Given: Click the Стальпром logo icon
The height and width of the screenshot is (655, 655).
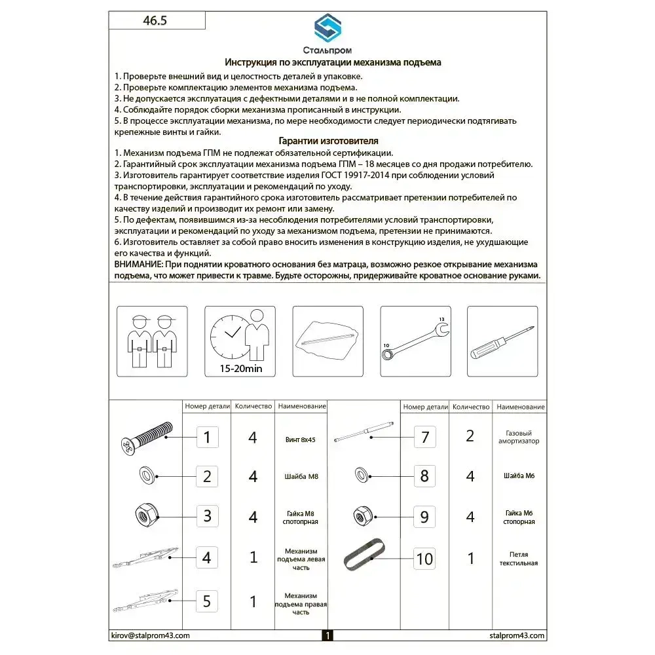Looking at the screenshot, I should pos(327,29).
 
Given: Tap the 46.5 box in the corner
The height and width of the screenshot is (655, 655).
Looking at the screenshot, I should pos(156,20).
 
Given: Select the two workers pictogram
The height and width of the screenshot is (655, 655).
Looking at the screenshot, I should pos(152,341).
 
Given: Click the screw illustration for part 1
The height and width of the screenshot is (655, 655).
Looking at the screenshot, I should pos(146,437).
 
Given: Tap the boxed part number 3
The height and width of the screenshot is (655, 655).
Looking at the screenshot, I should pos(207,515).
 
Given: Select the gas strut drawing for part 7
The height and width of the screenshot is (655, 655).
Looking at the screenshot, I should pos(364,432).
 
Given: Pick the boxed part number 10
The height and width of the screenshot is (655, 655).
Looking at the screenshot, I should pos(424,559).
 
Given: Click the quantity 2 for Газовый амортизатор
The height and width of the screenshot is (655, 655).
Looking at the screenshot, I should pos(470,436).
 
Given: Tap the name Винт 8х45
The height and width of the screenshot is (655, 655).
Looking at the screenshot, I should pos(301,440).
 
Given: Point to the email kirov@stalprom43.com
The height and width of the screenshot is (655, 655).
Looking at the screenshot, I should pos(149,635).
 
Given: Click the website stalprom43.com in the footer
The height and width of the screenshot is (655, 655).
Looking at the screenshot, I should pos(517,635).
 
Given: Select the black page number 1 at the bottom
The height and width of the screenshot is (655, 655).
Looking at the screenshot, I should pos(327,635).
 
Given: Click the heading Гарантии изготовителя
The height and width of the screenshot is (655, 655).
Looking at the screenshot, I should pos(328,141).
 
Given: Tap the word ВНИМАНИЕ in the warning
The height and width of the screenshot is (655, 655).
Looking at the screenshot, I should pos(139,264).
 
